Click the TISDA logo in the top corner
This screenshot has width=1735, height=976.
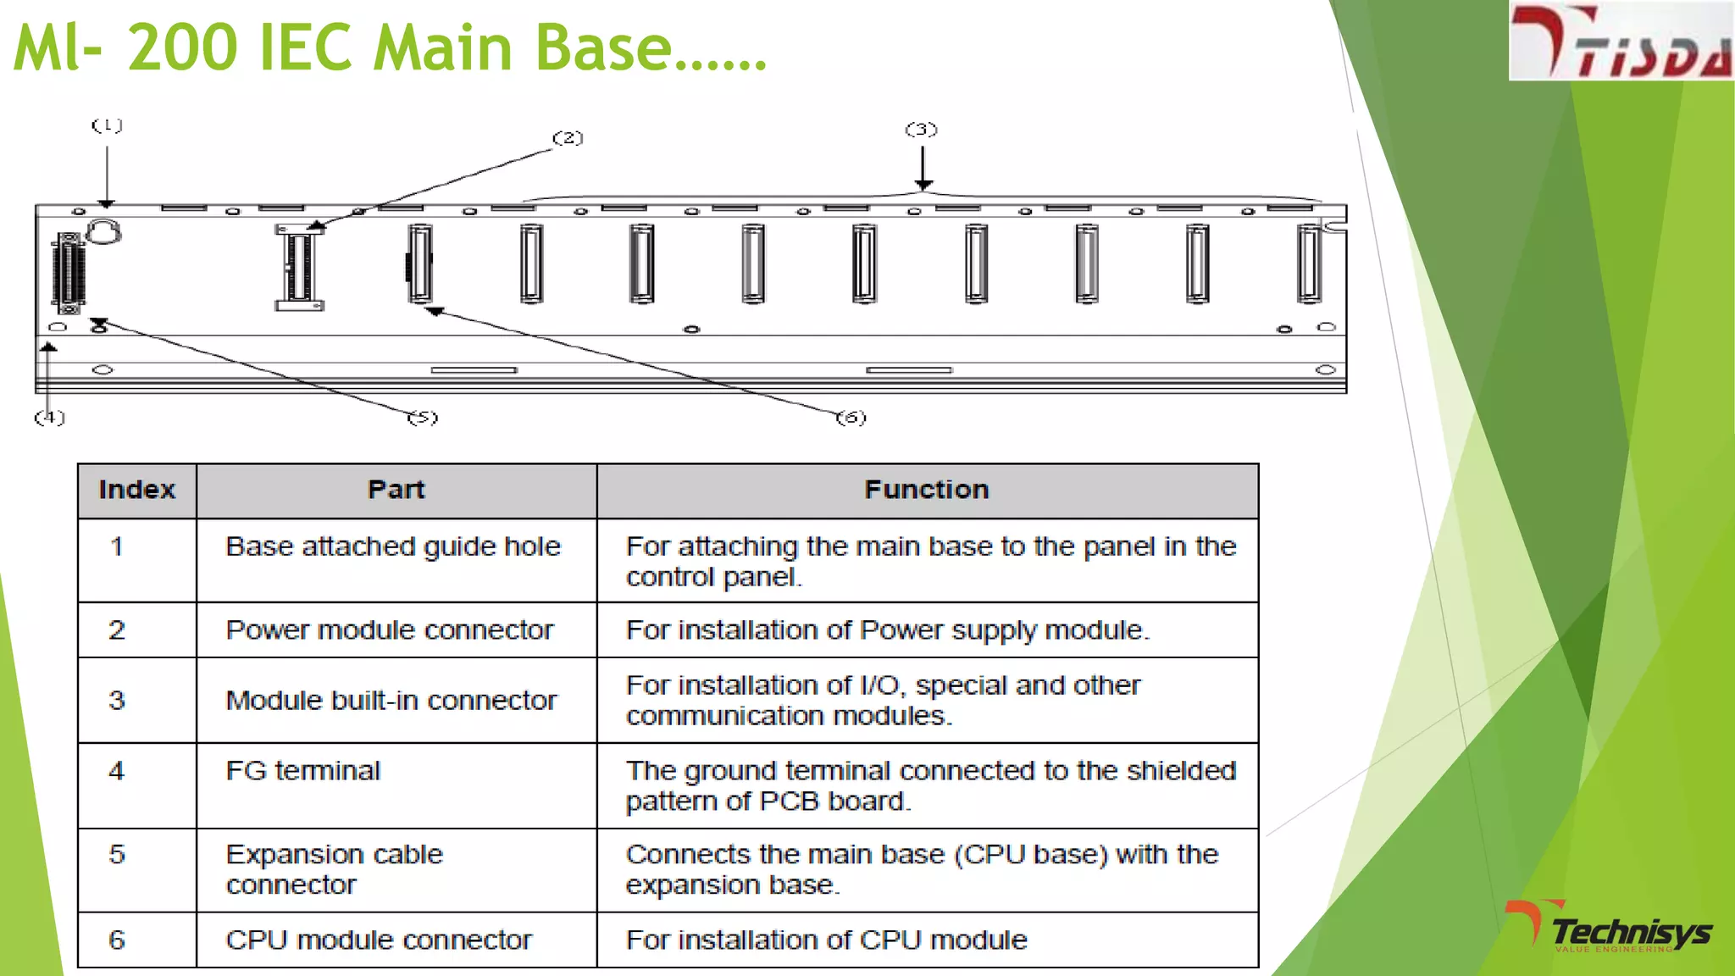[1620, 42]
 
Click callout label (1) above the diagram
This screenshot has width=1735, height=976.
[107, 125]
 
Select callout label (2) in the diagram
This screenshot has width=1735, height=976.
[568, 137]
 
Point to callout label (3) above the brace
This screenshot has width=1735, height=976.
[921, 130]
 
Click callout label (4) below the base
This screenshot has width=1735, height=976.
[49, 417]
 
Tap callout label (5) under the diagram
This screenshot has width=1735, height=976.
[423, 417]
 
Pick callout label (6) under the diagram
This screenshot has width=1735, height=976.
[851, 417]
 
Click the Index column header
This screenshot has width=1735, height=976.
[136, 490]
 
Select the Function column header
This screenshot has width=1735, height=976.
[926, 490]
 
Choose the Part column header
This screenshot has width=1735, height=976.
[396, 490]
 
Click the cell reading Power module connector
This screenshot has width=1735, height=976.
[389, 630]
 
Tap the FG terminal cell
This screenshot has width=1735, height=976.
[302, 771]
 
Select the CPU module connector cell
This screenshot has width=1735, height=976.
[378, 940]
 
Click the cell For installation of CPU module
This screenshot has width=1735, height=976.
[826, 940]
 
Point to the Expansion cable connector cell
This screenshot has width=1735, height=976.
[334, 869]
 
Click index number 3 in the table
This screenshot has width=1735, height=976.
[117, 701]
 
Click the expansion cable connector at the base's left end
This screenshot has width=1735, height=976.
[69, 271]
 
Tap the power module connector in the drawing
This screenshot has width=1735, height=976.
[298, 267]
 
